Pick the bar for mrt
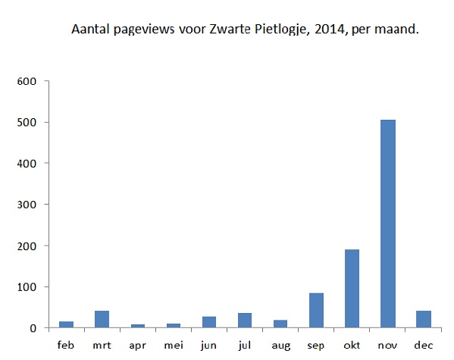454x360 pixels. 102,319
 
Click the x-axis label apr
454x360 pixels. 137,345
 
